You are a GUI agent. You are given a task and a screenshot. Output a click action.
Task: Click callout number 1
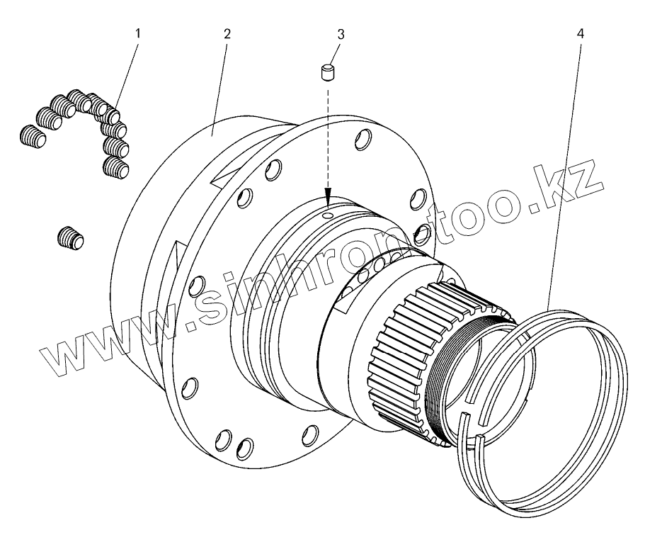(x=138, y=33)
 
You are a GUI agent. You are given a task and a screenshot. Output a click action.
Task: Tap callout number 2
(x=227, y=33)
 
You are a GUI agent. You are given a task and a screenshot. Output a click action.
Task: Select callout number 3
(x=341, y=34)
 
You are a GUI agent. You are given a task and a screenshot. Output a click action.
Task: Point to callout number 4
(x=580, y=33)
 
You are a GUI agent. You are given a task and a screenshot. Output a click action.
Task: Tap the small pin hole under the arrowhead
(x=327, y=215)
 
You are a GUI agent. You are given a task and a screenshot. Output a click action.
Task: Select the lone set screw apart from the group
(x=70, y=239)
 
